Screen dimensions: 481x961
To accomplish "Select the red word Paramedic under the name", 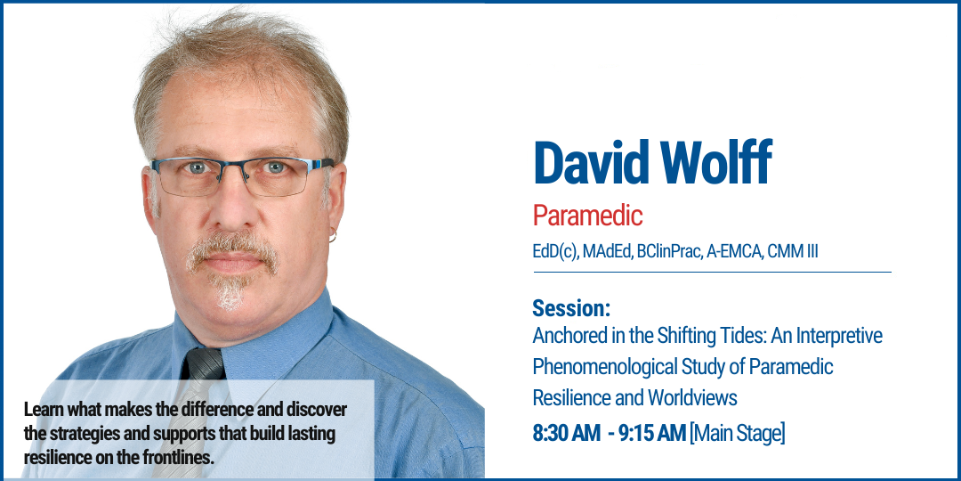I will tap(587, 216).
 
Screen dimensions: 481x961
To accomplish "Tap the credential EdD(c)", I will tap(556, 251).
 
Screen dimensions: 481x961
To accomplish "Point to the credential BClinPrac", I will tap(666, 251).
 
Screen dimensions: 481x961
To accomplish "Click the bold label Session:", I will tap(571, 309).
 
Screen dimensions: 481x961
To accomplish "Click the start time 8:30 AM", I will tap(567, 434).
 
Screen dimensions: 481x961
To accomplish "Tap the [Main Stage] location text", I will tap(738, 434).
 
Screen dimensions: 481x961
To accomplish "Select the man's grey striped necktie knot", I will tap(203, 363).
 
